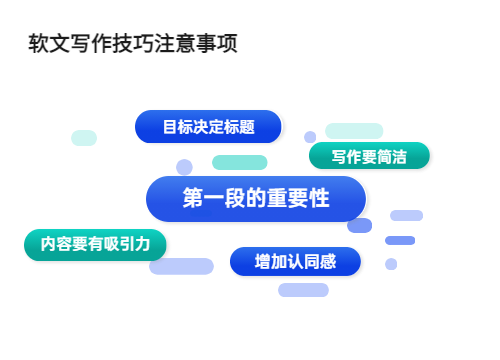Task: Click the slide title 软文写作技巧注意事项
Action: click(x=133, y=46)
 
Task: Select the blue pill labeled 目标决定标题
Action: click(x=208, y=127)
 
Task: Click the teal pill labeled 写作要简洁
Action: click(x=369, y=157)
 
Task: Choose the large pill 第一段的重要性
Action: click(x=256, y=198)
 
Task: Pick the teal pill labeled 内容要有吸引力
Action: click(x=95, y=243)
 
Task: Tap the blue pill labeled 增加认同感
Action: click(x=295, y=262)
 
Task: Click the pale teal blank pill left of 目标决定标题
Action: click(x=84, y=138)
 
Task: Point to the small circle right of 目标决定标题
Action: click(x=310, y=137)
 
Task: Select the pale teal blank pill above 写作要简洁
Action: click(x=354, y=131)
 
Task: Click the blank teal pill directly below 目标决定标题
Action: click(x=240, y=162)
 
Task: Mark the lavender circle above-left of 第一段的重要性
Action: click(x=184, y=167)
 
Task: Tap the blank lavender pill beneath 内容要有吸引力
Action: click(x=181, y=266)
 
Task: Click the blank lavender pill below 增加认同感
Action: click(x=303, y=290)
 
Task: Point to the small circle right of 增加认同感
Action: click(x=391, y=264)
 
